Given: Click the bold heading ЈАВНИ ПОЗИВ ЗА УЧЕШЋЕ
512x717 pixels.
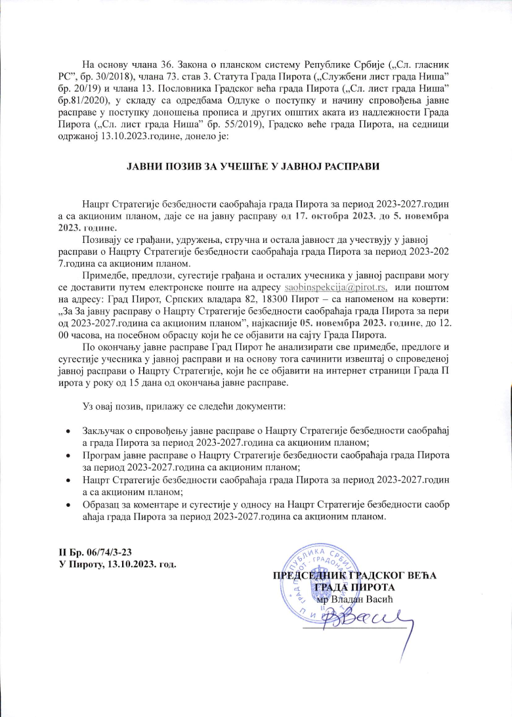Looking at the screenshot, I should (x=255, y=167).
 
